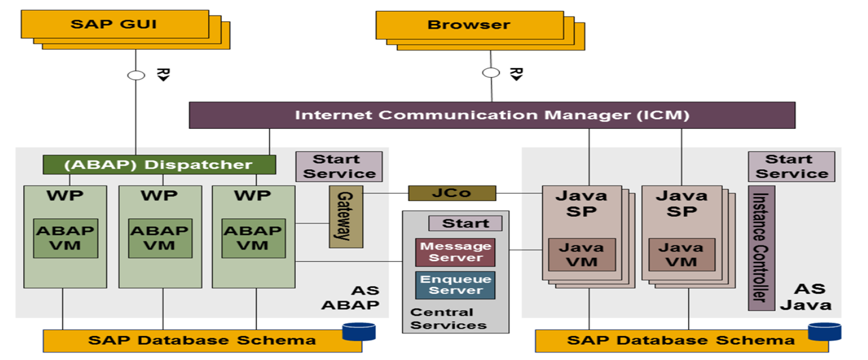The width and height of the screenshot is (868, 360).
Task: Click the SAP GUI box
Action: click(115, 25)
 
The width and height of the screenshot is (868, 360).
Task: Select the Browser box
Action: click(470, 25)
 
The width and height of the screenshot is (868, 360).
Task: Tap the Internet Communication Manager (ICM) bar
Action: click(492, 115)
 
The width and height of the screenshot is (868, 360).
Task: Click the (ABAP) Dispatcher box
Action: click(160, 164)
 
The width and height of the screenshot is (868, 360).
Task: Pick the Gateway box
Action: click(346, 216)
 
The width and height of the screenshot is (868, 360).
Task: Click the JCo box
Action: click(452, 193)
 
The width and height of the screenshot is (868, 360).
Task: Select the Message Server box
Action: click(455, 252)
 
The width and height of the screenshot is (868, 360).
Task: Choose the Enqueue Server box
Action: click(455, 285)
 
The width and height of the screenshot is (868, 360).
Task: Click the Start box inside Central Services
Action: click(465, 223)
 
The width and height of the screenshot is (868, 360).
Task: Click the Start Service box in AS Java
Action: click(791, 166)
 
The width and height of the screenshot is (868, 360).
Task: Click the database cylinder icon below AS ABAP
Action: click(359, 331)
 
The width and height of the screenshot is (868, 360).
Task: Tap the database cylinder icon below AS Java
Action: click(824, 331)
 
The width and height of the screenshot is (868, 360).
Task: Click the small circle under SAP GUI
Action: click(136, 75)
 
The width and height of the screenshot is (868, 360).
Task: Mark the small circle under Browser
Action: click(490, 73)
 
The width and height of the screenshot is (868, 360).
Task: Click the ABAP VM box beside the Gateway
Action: click(253, 238)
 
